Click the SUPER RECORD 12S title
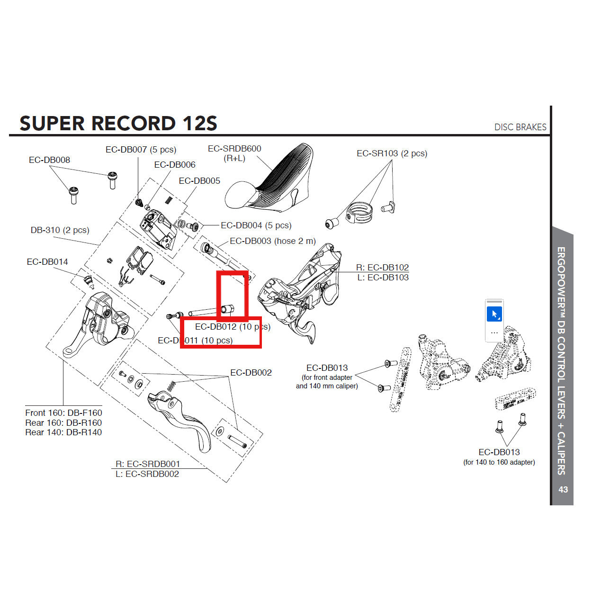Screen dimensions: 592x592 (118, 124)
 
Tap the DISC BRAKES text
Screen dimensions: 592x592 (520, 127)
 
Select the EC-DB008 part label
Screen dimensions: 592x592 (49, 160)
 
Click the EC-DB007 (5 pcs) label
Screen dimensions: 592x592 (141, 150)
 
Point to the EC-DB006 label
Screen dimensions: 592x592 (175, 165)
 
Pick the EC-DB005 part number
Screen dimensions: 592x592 (199, 181)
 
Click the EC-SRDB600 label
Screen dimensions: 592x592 (234, 149)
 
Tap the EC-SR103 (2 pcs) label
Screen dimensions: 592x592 (392, 153)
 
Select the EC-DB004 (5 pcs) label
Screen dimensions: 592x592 (256, 225)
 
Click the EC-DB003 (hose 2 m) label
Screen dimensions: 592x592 (273, 241)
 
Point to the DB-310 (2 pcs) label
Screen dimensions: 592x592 (60, 230)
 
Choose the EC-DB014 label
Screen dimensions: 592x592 (47, 262)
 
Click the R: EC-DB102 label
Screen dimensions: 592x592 (382, 268)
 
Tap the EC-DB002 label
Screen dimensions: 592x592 (251, 373)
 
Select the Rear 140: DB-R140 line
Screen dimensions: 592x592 (63, 432)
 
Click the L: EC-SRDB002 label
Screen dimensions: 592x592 (147, 474)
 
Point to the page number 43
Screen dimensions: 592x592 (563, 490)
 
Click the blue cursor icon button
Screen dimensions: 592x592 (494, 314)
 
